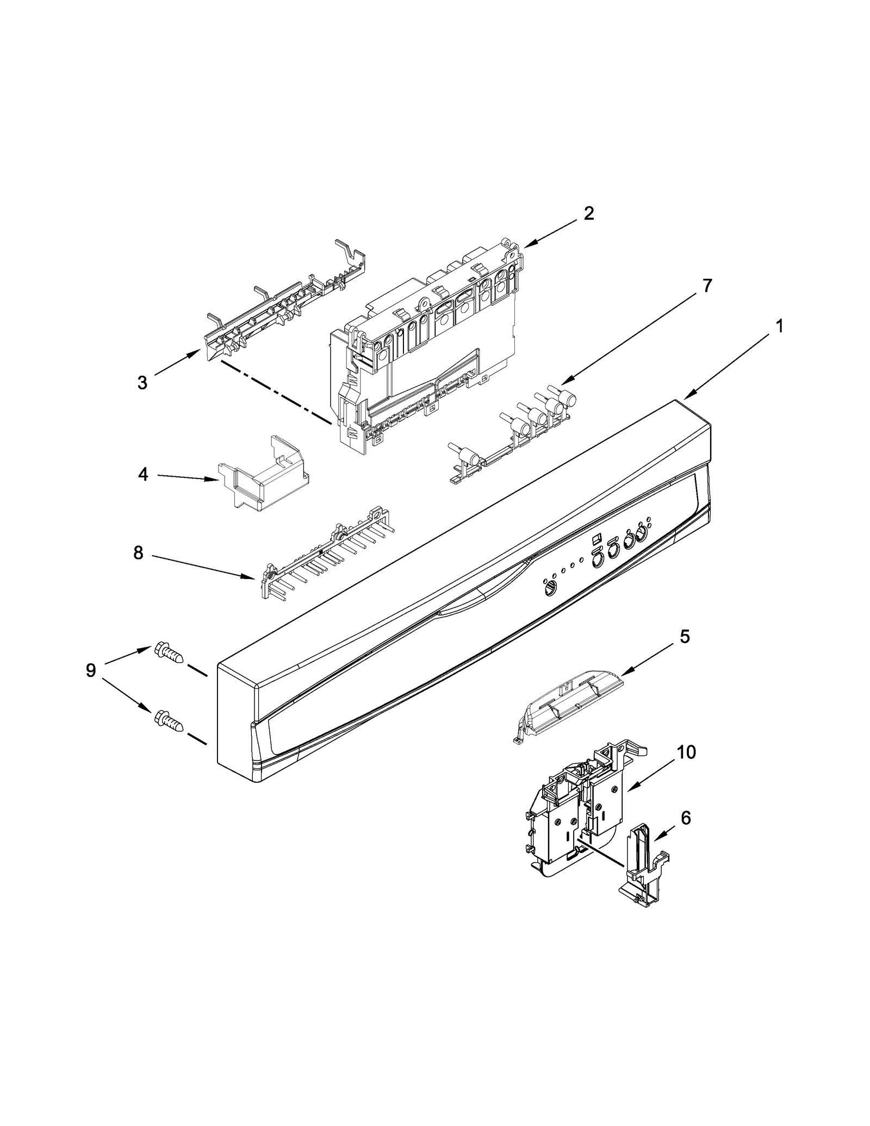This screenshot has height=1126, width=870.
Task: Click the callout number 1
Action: tap(779, 326)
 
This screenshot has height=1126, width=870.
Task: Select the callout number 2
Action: tap(589, 213)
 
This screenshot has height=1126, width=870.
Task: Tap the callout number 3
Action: tap(142, 383)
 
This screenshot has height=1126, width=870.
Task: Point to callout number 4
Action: tap(142, 474)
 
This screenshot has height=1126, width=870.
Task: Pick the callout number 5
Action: tap(685, 636)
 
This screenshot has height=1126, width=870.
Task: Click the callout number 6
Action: tap(686, 832)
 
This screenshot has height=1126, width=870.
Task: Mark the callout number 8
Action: tap(138, 553)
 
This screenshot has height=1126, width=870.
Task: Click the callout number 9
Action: tap(90, 670)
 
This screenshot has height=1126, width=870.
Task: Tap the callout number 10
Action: tap(686, 752)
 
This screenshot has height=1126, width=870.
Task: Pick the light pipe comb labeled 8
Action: tap(326, 555)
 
